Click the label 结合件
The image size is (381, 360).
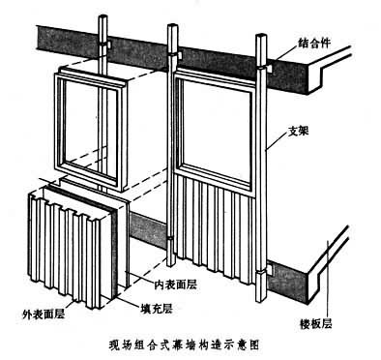314,44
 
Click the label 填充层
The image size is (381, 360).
156,309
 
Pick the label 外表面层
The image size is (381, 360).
44,314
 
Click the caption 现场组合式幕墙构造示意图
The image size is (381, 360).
184,345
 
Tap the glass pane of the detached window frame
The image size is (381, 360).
91,128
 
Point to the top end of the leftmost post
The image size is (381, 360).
103,16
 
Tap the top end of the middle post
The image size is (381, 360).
172,26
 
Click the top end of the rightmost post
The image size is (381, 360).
261,35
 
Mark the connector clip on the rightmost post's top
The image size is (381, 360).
269,68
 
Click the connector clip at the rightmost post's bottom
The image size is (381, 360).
269,268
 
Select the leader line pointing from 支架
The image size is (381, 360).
277,141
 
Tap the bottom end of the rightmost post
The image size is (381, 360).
261,300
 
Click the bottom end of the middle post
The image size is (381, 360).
171,265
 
